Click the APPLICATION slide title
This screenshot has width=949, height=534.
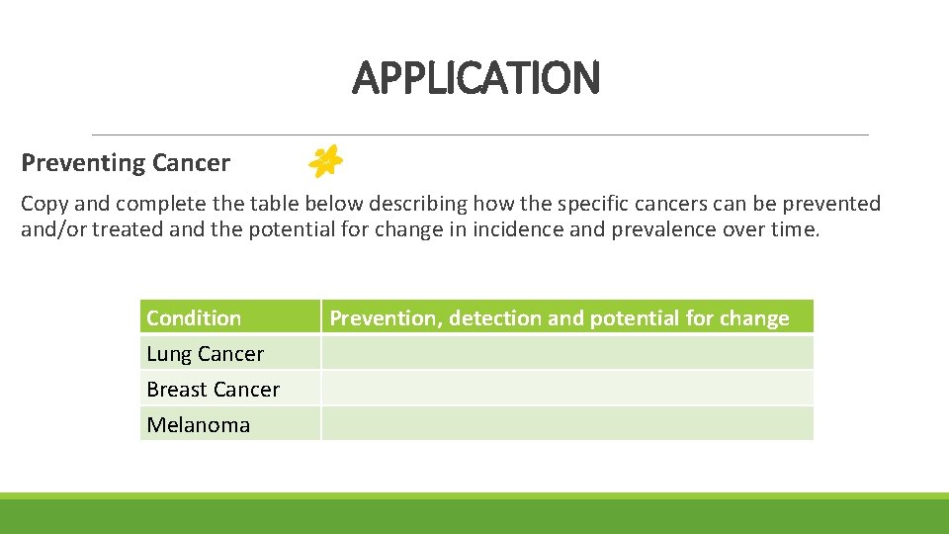click(x=475, y=77)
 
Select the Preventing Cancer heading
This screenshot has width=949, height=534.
click(x=126, y=162)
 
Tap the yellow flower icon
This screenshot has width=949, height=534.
click(x=325, y=160)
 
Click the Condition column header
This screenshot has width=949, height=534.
click(x=194, y=317)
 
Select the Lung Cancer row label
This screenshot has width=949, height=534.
click(x=205, y=353)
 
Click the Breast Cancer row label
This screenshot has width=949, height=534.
click(x=213, y=389)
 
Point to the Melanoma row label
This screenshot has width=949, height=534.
click(x=198, y=424)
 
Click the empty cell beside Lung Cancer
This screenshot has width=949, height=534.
click(x=566, y=353)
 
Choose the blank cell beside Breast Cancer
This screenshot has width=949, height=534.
click(x=566, y=389)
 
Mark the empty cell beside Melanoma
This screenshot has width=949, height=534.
click(x=566, y=424)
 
